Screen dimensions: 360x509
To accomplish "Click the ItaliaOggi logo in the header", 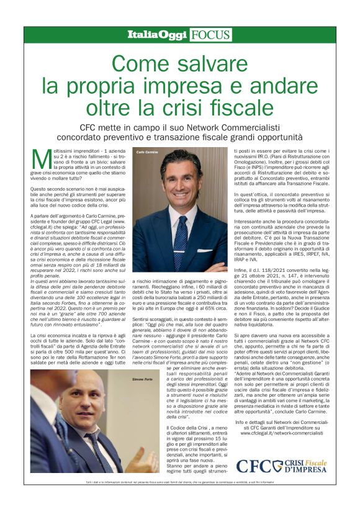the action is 156,35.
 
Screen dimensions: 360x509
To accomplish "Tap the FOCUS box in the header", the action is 211,35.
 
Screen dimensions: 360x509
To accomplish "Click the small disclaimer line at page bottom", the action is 179,482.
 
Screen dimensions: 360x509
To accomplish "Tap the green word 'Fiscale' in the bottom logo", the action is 317,462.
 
